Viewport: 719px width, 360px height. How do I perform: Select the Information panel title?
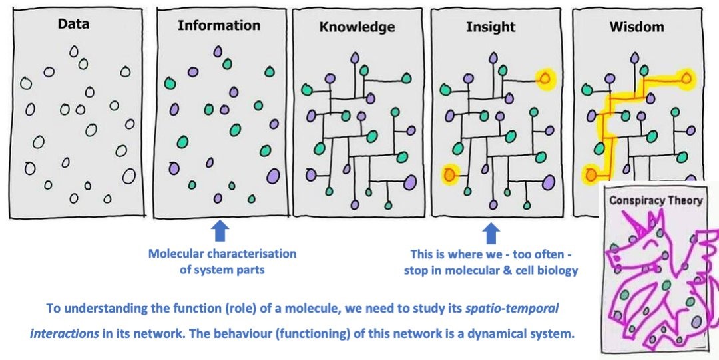click(x=219, y=25)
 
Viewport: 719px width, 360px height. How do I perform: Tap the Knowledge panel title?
click(x=357, y=27)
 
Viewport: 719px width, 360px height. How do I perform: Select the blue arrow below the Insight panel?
click(x=491, y=234)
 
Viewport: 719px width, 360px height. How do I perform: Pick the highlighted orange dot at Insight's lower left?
click(x=450, y=175)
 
